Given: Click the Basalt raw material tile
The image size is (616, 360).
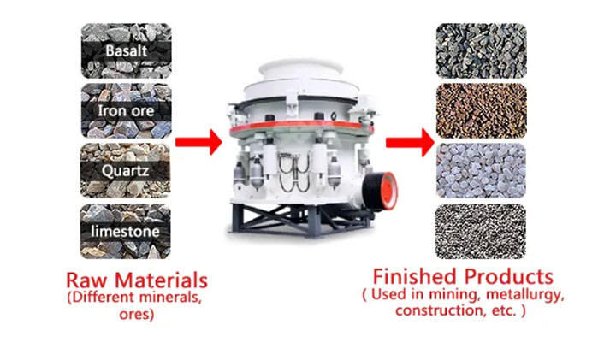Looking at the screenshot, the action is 126,50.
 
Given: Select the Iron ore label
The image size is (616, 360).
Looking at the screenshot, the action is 126,111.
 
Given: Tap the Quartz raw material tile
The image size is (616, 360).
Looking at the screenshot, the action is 126,170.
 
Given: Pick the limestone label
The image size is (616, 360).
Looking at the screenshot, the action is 125,231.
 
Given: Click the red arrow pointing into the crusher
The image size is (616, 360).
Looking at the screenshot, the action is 198,142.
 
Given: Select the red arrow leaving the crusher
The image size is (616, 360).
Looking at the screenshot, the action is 410,142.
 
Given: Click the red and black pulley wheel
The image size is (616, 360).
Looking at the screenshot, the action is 380,192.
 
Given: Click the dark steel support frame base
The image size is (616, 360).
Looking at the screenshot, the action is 301,221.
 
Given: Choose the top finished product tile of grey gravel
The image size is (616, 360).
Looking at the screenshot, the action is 481,50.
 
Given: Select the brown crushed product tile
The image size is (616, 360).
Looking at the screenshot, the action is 481,110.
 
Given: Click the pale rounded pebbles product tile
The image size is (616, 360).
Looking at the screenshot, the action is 481,170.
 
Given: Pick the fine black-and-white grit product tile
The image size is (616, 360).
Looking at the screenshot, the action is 481,231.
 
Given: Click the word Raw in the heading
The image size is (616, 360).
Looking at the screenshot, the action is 87,280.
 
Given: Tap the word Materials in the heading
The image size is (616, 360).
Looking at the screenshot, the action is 161,280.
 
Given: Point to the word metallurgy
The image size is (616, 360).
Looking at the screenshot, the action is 525,294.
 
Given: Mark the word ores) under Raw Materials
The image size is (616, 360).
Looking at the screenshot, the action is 137,315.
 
